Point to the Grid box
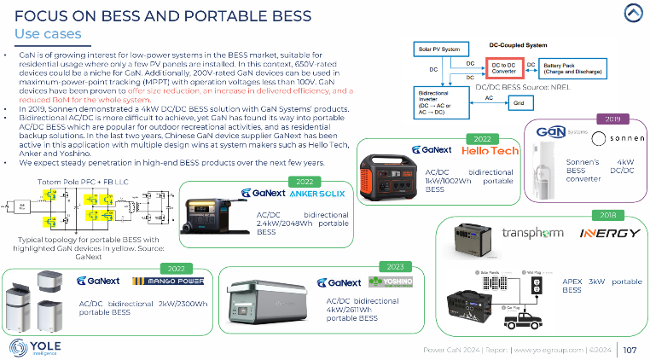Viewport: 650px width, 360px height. [x=519, y=102]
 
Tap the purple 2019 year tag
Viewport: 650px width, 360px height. [x=612, y=119]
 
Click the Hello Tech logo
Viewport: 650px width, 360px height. [x=490, y=151]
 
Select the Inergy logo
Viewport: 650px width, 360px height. [x=609, y=233]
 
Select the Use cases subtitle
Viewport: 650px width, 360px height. [x=49, y=33]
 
